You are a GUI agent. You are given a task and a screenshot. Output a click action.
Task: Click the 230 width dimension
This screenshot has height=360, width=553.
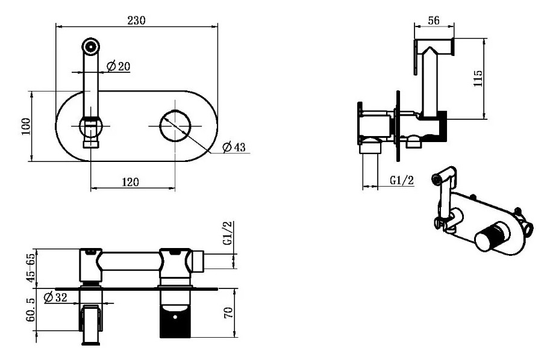137,20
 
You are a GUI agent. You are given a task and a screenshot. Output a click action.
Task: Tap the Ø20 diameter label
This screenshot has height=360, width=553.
119,66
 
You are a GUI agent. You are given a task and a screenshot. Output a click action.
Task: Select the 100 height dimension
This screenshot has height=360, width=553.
26,126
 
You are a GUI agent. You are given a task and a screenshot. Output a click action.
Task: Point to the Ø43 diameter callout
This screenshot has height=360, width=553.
234,147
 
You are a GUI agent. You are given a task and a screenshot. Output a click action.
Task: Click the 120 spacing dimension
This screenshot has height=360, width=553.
131,182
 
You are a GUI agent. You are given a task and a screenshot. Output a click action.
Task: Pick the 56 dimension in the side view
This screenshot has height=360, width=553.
434,20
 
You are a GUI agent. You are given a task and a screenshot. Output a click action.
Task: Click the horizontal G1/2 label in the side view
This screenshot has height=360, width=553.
402,180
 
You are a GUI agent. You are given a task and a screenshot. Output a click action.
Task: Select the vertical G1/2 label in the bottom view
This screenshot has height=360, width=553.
228,233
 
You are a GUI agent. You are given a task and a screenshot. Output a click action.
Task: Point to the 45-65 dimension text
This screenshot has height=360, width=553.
31,268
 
